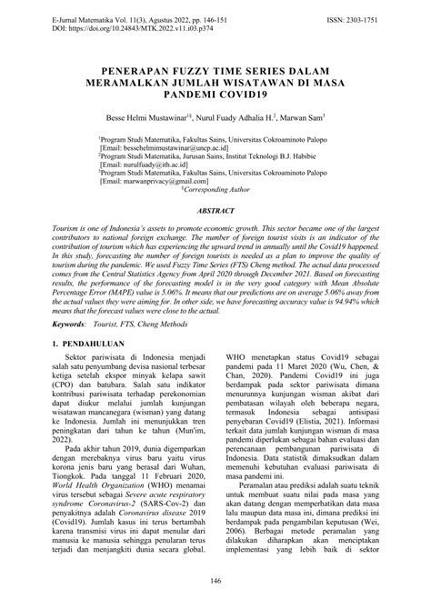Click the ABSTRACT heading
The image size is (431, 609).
click(215, 208)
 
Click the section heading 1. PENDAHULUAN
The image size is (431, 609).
click(95, 345)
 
